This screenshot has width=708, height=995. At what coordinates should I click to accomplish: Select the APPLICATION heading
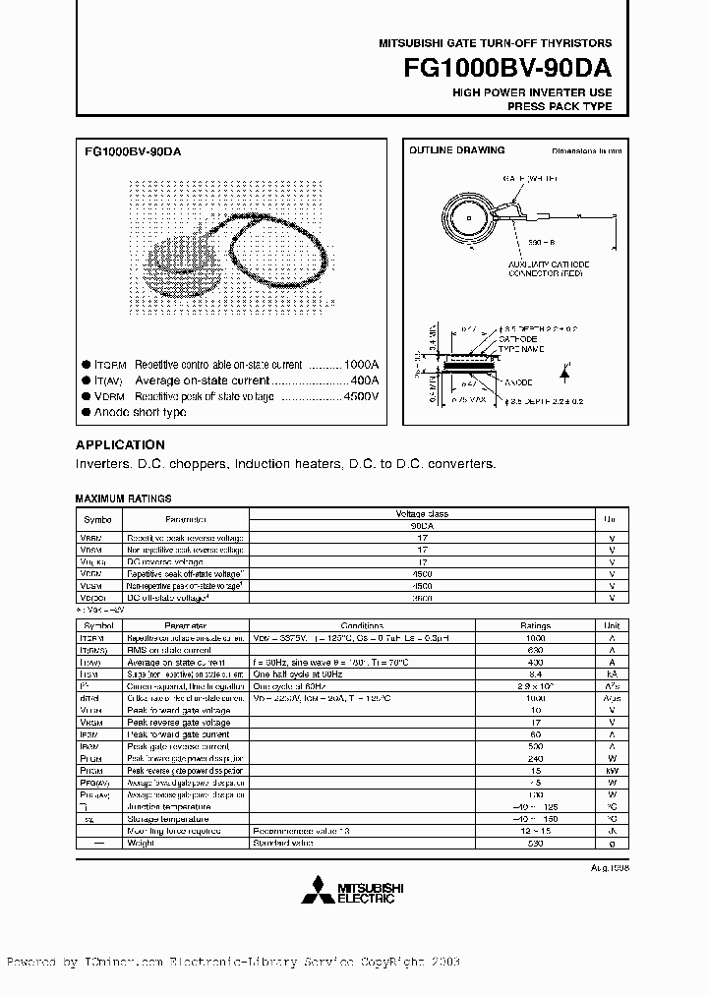(x=120, y=444)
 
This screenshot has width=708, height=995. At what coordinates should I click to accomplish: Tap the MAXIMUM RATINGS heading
(x=123, y=498)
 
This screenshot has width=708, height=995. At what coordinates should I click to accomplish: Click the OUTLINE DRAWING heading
(x=456, y=150)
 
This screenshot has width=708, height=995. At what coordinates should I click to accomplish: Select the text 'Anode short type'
(x=141, y=412)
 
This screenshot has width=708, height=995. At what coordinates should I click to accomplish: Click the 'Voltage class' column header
(x=421, y=513)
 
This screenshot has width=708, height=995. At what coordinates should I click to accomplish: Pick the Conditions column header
(x=363, y=624)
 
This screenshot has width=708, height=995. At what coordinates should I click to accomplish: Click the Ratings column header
(x=535, y=624)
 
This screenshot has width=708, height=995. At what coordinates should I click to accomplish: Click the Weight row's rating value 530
(x=535, y=844)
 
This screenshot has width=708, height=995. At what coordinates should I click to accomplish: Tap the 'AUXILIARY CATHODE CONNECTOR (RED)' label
(x=521, y=270)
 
